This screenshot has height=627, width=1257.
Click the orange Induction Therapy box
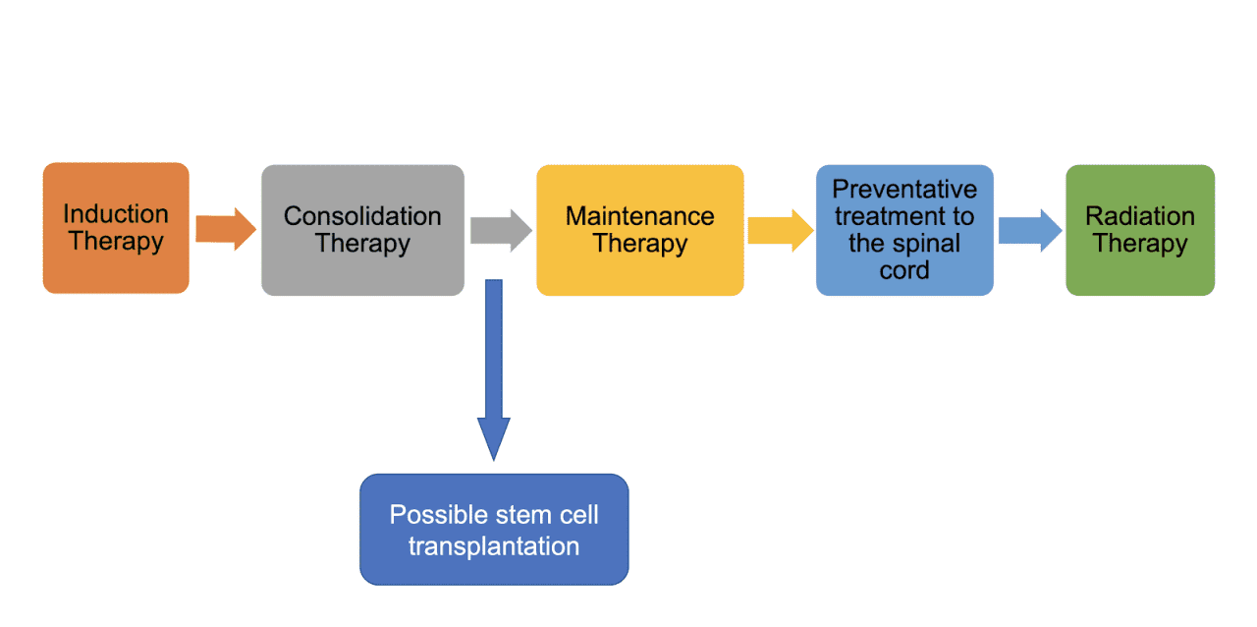pos(116,228)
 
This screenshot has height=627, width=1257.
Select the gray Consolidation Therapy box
pos(362,230)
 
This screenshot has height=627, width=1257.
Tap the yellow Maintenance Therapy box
pos(639,230)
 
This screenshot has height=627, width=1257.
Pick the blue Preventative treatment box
pos(904,230)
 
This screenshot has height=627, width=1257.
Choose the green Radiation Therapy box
pos(1140,230)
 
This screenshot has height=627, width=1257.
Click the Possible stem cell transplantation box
pos(494,530)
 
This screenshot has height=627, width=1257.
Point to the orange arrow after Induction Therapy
pos(225,229)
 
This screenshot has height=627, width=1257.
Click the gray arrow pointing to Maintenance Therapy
pos(500,230)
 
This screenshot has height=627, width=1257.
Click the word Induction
pos(116,214)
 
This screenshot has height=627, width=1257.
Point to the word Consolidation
pos(362,216)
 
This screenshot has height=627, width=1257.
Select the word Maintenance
pos(639,216)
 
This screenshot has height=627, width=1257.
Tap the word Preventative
pos(904,190)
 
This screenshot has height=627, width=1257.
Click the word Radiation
pos(1140,216)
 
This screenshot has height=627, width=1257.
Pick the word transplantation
pos(494,545)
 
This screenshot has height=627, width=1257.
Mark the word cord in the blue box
pos(904,270)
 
